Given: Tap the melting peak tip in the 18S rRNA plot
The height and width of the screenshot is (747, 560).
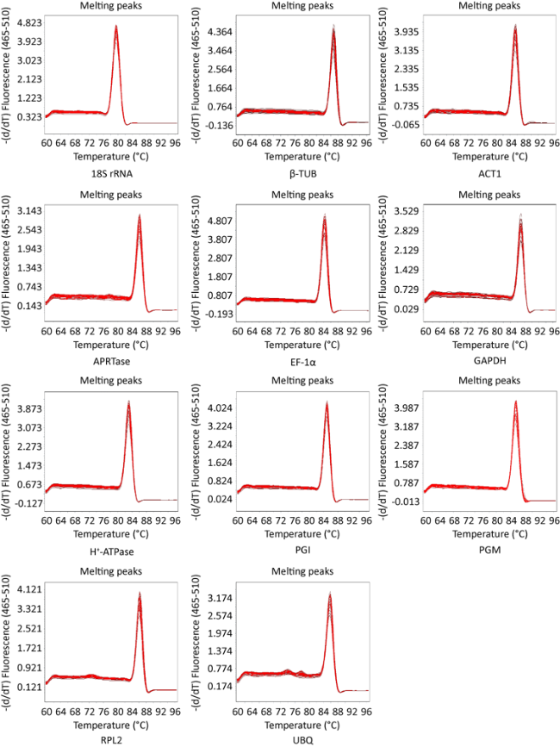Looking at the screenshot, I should tap(115, 27).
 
